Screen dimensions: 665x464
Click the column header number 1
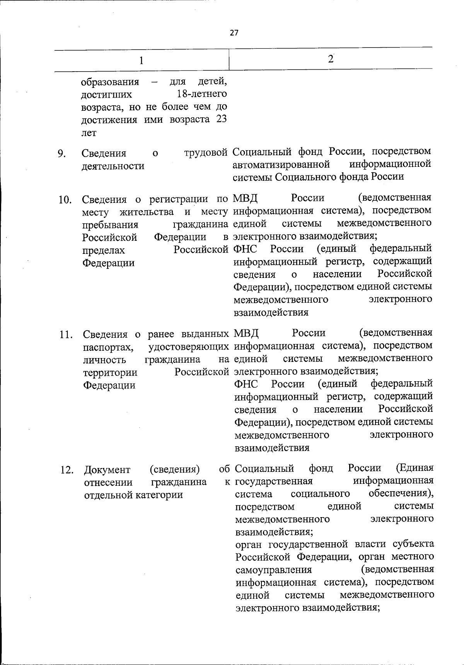point(141,61)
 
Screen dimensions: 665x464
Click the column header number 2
point(330,59)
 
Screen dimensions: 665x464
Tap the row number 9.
point(61,154)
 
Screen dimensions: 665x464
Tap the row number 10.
point(65,200)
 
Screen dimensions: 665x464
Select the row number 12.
point(67,470)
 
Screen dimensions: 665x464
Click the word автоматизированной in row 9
point(281,164)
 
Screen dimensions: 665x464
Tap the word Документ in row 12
point(107,470)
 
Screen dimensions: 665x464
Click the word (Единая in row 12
point(415,468)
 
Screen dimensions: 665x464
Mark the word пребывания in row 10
point(110,225)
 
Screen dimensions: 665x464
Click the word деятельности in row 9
point(113,166)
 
